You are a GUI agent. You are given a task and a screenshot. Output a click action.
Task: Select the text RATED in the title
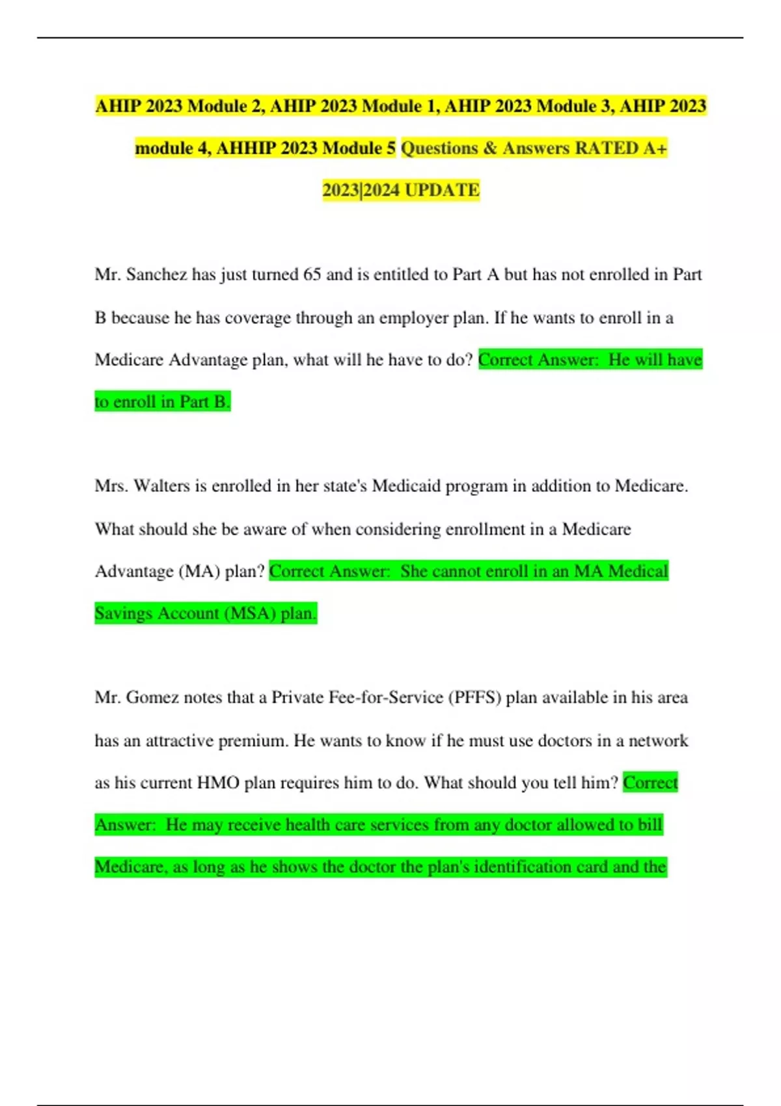click(x=607, y=148)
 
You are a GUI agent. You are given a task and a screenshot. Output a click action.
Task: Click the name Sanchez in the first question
click(x=157, y=275)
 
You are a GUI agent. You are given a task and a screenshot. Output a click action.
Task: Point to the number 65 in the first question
click(x=312, y=275)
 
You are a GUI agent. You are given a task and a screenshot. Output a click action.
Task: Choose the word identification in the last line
click(x=540, y=867)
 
